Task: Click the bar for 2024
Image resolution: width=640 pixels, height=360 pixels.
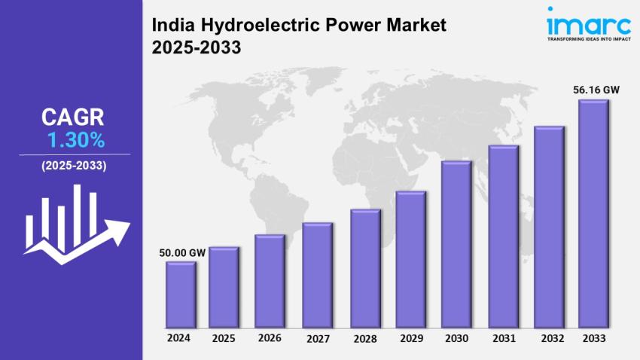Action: tap(181, 294)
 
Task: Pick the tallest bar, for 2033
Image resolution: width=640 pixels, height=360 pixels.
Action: tap(593, 214)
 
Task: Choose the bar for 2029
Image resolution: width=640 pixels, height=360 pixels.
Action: tap(411, 259)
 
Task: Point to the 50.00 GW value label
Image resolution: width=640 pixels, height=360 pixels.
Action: tap(181, 252)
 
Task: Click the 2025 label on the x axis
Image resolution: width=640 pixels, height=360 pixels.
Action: tap(224, 338)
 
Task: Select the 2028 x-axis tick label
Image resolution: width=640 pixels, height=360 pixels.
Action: tap(365, 338)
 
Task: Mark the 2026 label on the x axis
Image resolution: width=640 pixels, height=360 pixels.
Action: tap(270, 338)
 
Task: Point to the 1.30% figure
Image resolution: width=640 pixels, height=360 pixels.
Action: tap(75, 140)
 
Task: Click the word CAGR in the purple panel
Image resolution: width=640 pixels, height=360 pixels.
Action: tap(73, 117)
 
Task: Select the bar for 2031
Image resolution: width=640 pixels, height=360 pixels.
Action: tap(503, 236)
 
